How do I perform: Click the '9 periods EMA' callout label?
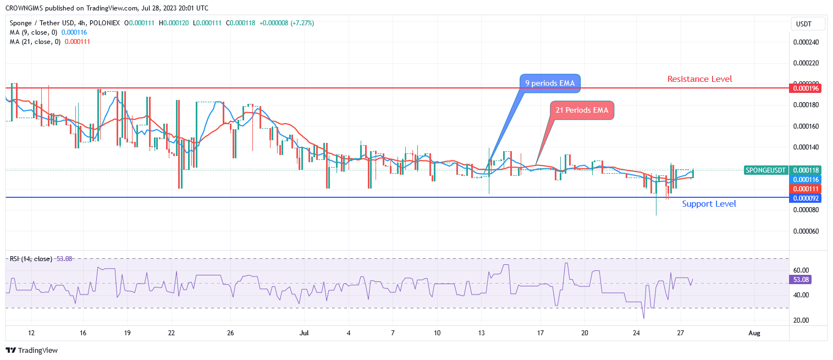(550, 83)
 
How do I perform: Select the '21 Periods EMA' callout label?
(582, 110)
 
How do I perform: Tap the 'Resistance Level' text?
(699, 79)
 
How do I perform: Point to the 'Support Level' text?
(709, 204)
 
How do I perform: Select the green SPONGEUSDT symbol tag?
(766, 170)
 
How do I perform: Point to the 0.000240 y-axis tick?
(807, 42)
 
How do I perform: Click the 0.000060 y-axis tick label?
(807, 231)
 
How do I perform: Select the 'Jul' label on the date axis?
(303, 333)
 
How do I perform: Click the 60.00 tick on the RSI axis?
(801, 270)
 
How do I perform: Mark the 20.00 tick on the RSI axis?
(801, 320)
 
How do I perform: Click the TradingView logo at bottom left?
(32, 350)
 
